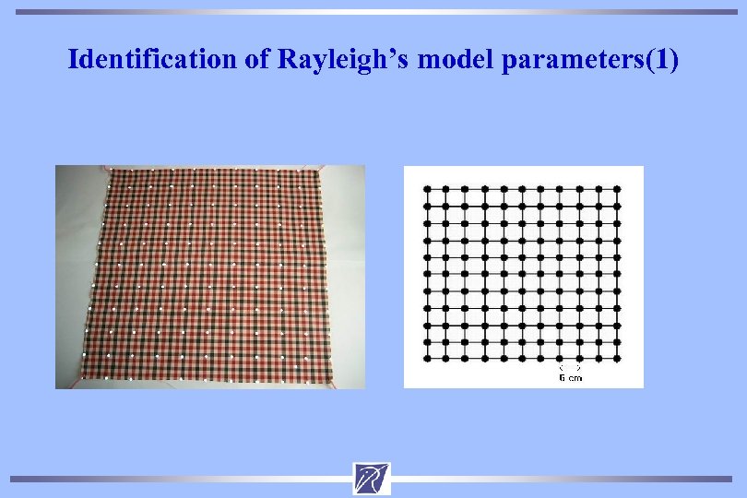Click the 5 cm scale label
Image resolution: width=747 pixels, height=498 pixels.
(x=570, y=377)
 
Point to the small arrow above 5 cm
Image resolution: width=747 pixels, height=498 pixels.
(x=570, y=368)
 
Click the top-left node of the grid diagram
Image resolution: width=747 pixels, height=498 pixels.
(x=427, y=188)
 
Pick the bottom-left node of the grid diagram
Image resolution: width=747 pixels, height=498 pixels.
(x=427, y=357)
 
